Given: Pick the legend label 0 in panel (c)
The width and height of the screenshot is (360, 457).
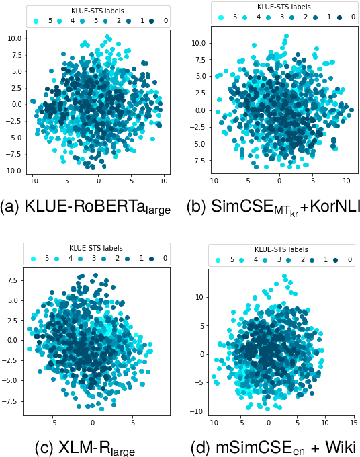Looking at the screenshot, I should tap(165, 258).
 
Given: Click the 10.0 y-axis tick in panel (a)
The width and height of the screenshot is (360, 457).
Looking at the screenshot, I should tap(13, 38).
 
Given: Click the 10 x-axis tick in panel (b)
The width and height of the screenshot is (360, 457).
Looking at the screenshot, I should tap(347, 181).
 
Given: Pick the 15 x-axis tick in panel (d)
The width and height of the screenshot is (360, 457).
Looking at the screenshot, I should tap(353, 423).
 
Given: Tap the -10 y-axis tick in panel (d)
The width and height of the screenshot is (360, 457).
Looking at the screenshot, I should tap(197, 410).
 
